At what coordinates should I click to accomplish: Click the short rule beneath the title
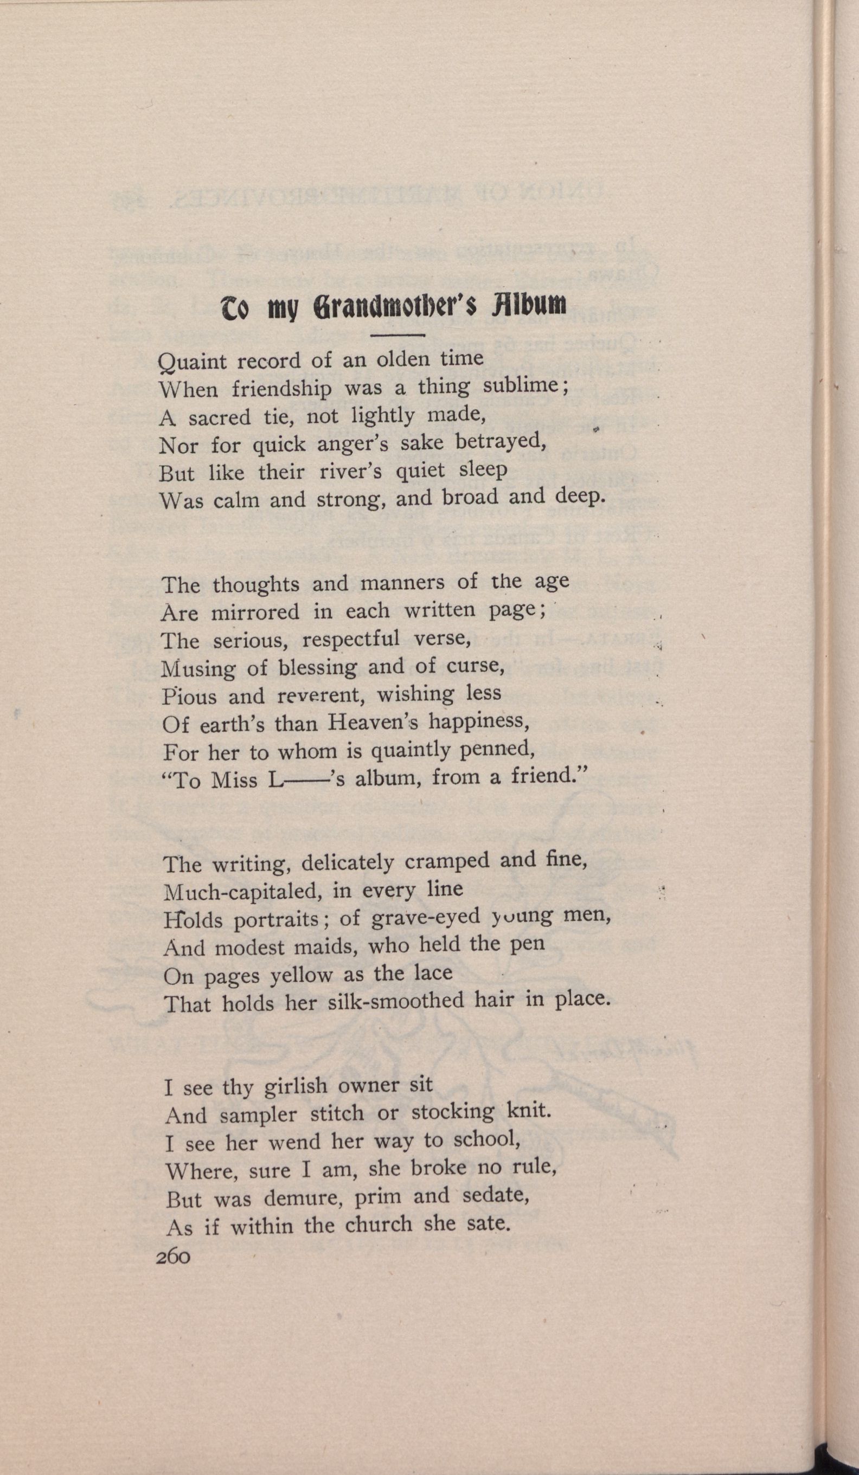point(398,335)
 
